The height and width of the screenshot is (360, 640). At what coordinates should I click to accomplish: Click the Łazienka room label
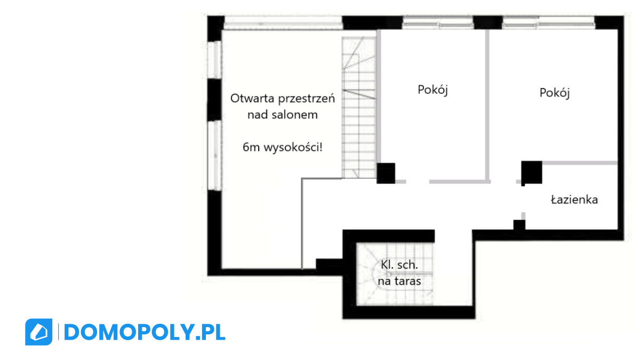(574, 199)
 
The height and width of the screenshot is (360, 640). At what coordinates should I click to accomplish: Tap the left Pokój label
(433, 90)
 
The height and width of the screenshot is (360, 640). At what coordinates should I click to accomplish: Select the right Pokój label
(555, 93)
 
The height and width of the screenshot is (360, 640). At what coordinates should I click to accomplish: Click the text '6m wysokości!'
(283, 147)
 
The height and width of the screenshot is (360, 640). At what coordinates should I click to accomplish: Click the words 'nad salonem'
(283, 115)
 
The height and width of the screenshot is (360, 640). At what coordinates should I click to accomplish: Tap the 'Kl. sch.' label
(399, 265)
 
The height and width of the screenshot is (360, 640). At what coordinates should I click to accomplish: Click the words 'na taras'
(399, 281)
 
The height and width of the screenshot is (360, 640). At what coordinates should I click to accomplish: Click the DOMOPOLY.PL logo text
(145, 332)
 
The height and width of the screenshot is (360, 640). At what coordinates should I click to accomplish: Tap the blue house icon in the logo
(39, 332)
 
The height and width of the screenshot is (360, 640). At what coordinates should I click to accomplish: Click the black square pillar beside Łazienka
(532, 172)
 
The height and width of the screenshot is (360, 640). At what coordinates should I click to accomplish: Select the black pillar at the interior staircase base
(386, 173)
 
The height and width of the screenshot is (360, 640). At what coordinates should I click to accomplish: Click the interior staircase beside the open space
(359, 107)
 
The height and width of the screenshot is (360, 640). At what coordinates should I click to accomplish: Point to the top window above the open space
(283, 22)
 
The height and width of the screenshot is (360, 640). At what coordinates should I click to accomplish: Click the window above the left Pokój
(438, 22)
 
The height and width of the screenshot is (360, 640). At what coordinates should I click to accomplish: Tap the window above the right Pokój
(549, 22)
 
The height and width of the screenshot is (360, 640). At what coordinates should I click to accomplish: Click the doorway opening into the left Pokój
(418, 182)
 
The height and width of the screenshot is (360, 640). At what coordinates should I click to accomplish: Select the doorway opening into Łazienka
(523, 199)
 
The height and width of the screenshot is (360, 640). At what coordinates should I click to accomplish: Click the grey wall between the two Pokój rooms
(487, 106)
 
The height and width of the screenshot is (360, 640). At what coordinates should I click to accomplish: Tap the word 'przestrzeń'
(307, 99)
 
